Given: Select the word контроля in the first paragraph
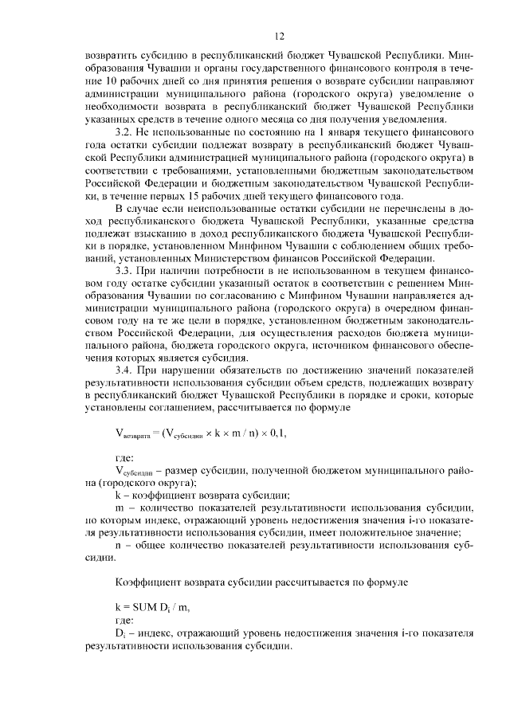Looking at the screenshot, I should point(414,70).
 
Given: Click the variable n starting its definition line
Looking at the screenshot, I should point(119,545).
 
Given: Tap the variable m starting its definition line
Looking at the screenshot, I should point(120,508).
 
